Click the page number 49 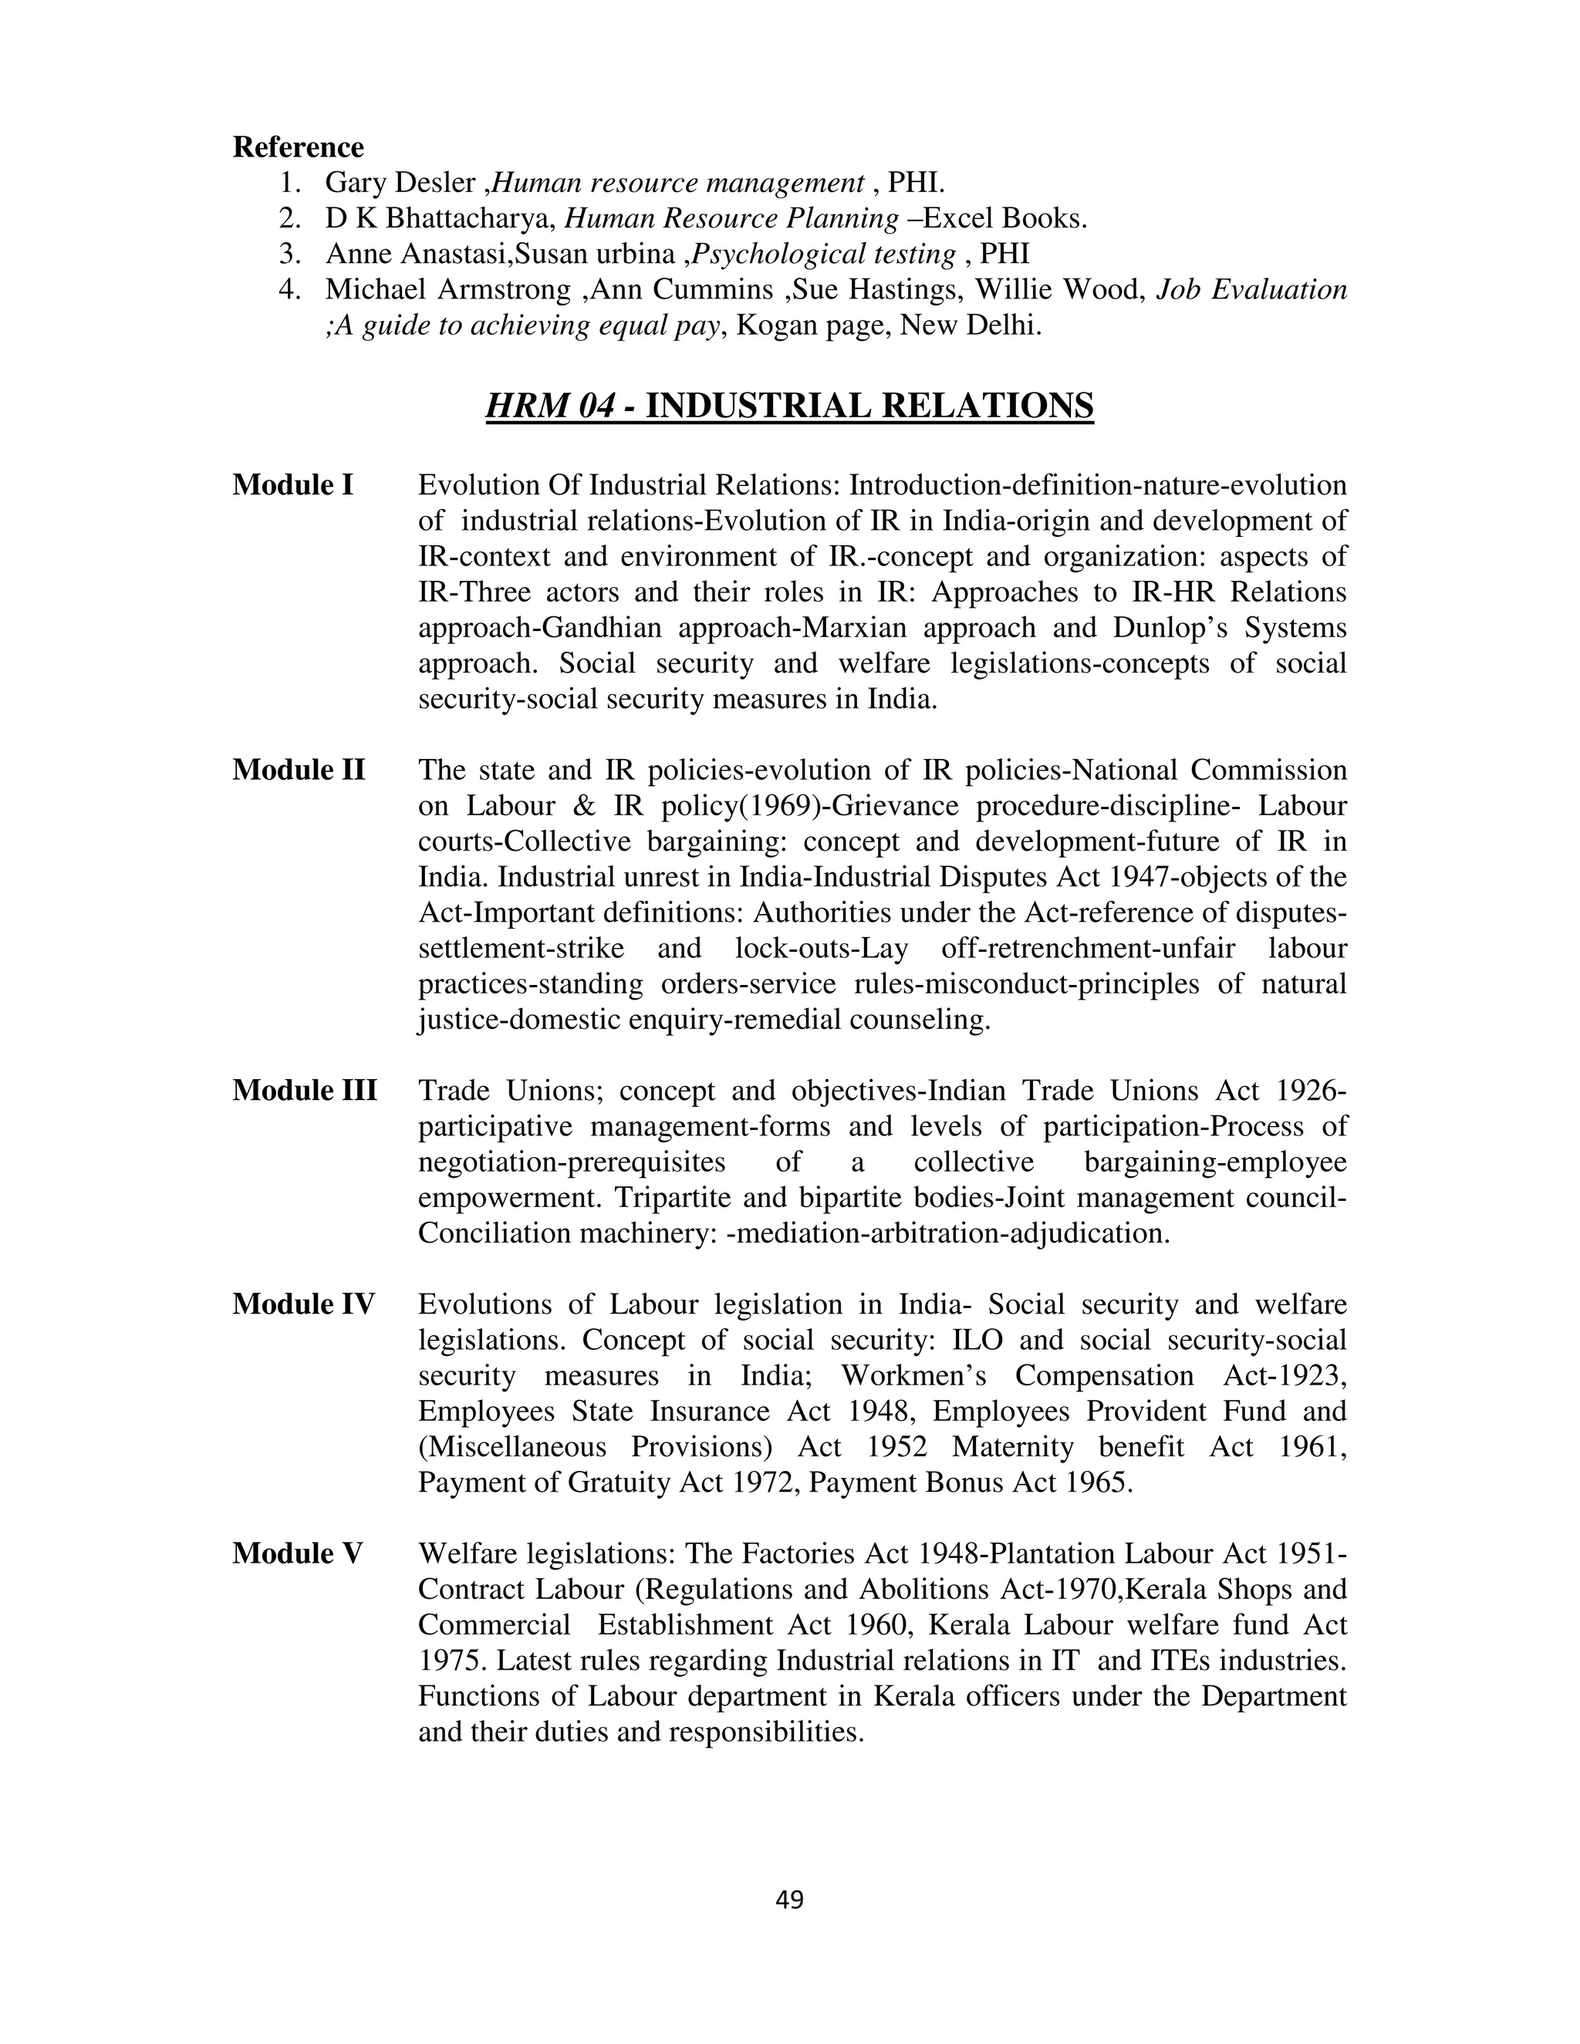click(x=790, y=1900)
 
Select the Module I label click(x=293, y=485)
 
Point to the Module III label click(x=304, y=1091)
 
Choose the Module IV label click(x=303, y=1304)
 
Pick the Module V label click(x=297, y=1553)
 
